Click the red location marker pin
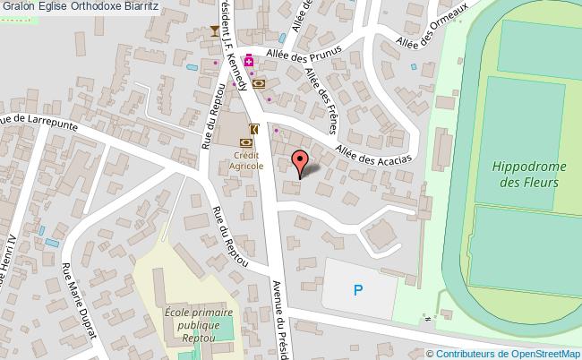click(x=301, y=162)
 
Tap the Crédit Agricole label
click(x=244, y=160)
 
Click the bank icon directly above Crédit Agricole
click(x=245, y=141)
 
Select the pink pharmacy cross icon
click(x=249, y=62)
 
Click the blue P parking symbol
click(x=359, y=289)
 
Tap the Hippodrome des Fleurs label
click(x=527, y=174)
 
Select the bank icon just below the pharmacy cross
click(x=259, y=83)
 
